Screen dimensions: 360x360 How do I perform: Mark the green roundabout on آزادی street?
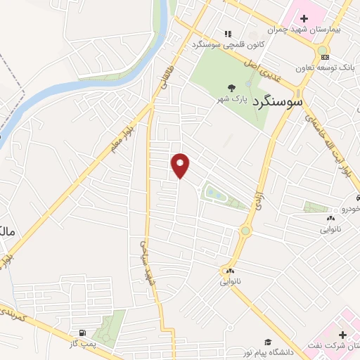click(245, 231)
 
